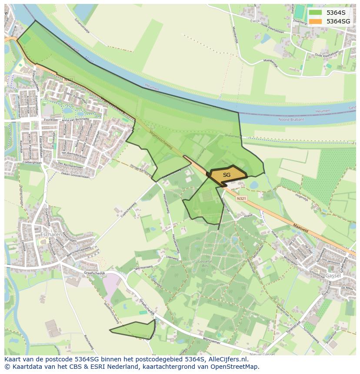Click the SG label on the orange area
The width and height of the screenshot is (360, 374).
click(227, 175)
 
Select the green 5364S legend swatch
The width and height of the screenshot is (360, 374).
click(316, 13)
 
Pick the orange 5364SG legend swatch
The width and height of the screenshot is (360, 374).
click(316, 21)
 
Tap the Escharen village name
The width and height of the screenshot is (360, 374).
click(49, 235)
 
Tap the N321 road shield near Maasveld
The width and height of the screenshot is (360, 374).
click(241, 198)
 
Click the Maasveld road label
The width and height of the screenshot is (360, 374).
click(300, 226)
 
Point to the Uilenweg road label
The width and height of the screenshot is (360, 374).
click(172, 258)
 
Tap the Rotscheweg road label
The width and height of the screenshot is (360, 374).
click(89, 344)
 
